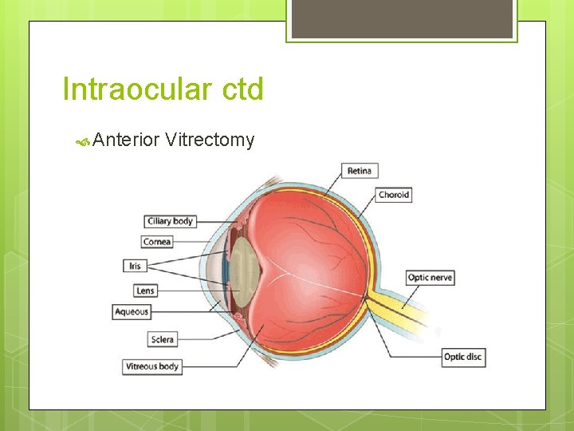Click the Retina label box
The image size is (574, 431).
360,171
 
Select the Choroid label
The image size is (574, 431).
394,195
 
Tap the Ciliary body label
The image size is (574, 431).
171,221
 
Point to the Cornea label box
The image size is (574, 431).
157,242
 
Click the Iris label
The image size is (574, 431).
134,266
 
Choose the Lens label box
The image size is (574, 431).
145,291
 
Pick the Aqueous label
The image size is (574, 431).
132,311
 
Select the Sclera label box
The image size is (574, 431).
162,339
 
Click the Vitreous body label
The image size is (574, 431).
152,366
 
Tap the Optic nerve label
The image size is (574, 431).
431,278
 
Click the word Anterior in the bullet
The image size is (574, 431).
126,140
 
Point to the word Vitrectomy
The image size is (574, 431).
210,140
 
